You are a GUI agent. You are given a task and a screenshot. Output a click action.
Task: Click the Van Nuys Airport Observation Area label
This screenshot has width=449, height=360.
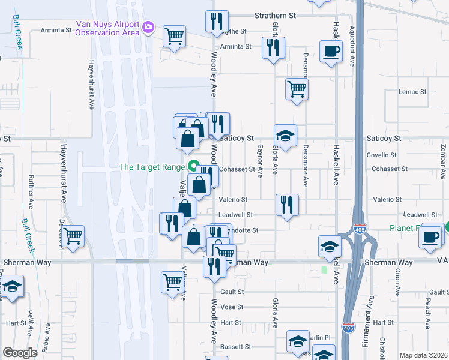(x=107, y=28)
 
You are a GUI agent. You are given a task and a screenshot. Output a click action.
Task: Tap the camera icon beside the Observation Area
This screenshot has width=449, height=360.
(x=148, y=28)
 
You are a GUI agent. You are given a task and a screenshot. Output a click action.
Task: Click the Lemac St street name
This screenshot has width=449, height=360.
(x=412, y=92)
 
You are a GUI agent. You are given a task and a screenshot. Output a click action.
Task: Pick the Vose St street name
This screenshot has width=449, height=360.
(x=232, y=307)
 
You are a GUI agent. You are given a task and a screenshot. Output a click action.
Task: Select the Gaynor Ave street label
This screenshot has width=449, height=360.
(x=260, y=161)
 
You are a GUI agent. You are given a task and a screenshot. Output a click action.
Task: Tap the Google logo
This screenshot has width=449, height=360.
(x=20, y=353)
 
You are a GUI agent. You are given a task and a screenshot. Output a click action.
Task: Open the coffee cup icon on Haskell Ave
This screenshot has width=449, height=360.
(x=331, y=51)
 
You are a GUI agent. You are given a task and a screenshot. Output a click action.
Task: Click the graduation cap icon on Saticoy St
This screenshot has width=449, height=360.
(x=286, y=135)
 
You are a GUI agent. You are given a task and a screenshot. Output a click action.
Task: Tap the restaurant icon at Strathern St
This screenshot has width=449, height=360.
(x=217, y=22)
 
